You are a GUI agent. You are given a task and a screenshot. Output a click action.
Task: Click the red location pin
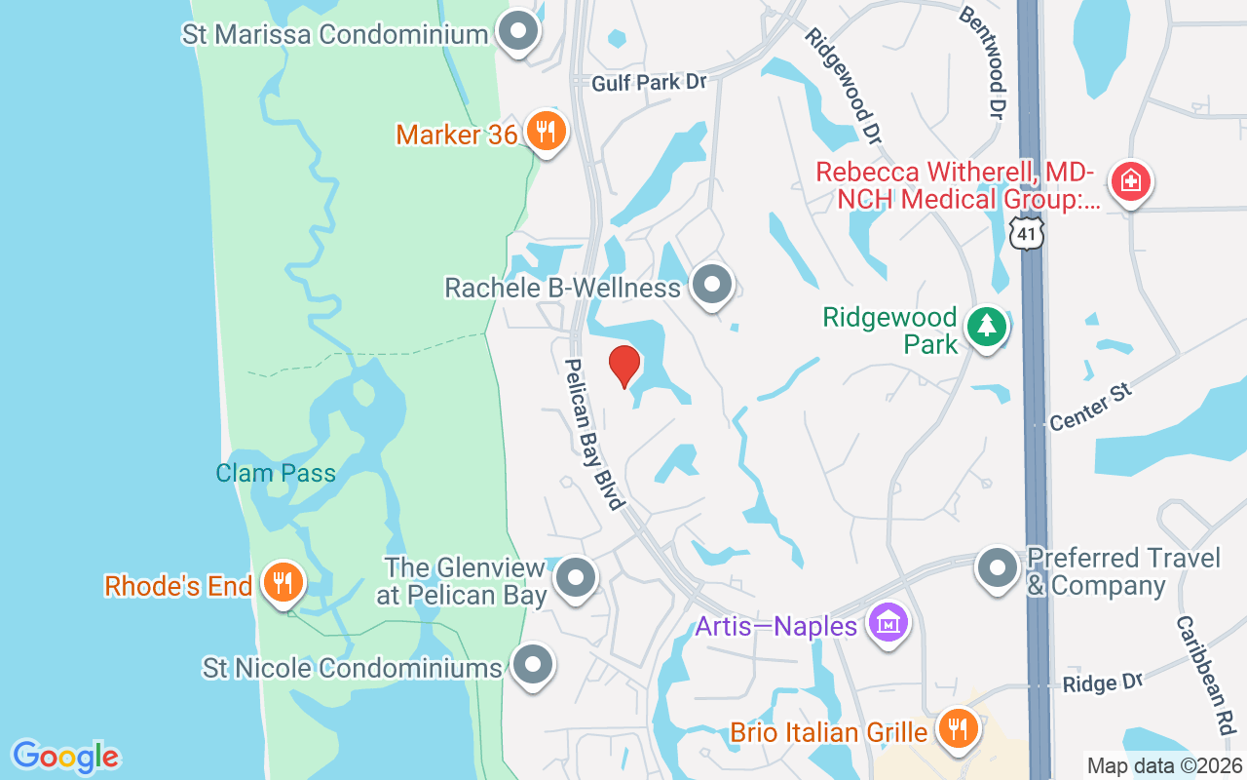pyautogui.click(x=623, y=367)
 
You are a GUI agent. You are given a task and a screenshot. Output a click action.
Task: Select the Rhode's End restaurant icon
pyautogui.click(x=283, y=583)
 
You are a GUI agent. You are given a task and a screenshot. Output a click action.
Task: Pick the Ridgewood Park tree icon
pyautogui.click(x=987, y=326)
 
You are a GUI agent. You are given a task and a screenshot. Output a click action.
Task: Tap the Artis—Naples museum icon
pyautogui.click(x=888, y=621)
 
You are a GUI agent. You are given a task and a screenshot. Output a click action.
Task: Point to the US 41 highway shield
pyautogui.click(x=1026, y=232)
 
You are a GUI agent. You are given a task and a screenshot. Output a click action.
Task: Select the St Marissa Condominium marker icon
pyautogui.click(x=518, y=32)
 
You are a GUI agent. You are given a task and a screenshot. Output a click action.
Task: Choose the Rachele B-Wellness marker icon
pyautogui.click(x=712, y=285)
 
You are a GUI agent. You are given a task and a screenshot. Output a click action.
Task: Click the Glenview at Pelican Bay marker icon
pyautogui.click(x=576, y=577)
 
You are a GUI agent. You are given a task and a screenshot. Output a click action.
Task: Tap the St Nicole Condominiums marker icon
pyautogui.click(x=532, y=667)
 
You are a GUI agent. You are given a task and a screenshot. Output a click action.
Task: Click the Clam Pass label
pyautogui.click(x=276, y=474)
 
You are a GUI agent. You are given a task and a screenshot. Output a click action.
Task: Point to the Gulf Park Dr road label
pyautogui.click(x=649, y=83)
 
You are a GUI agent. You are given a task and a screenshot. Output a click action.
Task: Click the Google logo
pyautogui.click(x=65, y=757)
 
